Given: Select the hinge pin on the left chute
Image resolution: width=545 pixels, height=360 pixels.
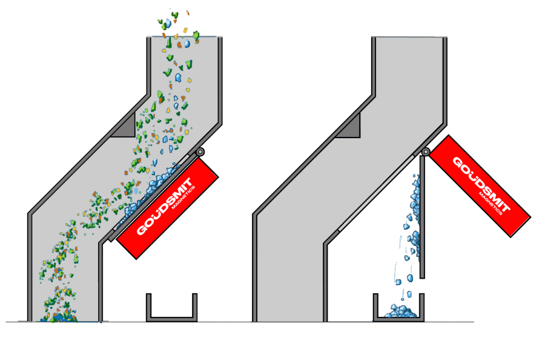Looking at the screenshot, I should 200,152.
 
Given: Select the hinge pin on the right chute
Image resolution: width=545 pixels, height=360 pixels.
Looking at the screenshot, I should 426,152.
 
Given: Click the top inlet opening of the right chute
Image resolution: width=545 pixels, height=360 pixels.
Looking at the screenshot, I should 409,38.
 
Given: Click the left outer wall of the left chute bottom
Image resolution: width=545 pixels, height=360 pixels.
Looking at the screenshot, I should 29,267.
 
